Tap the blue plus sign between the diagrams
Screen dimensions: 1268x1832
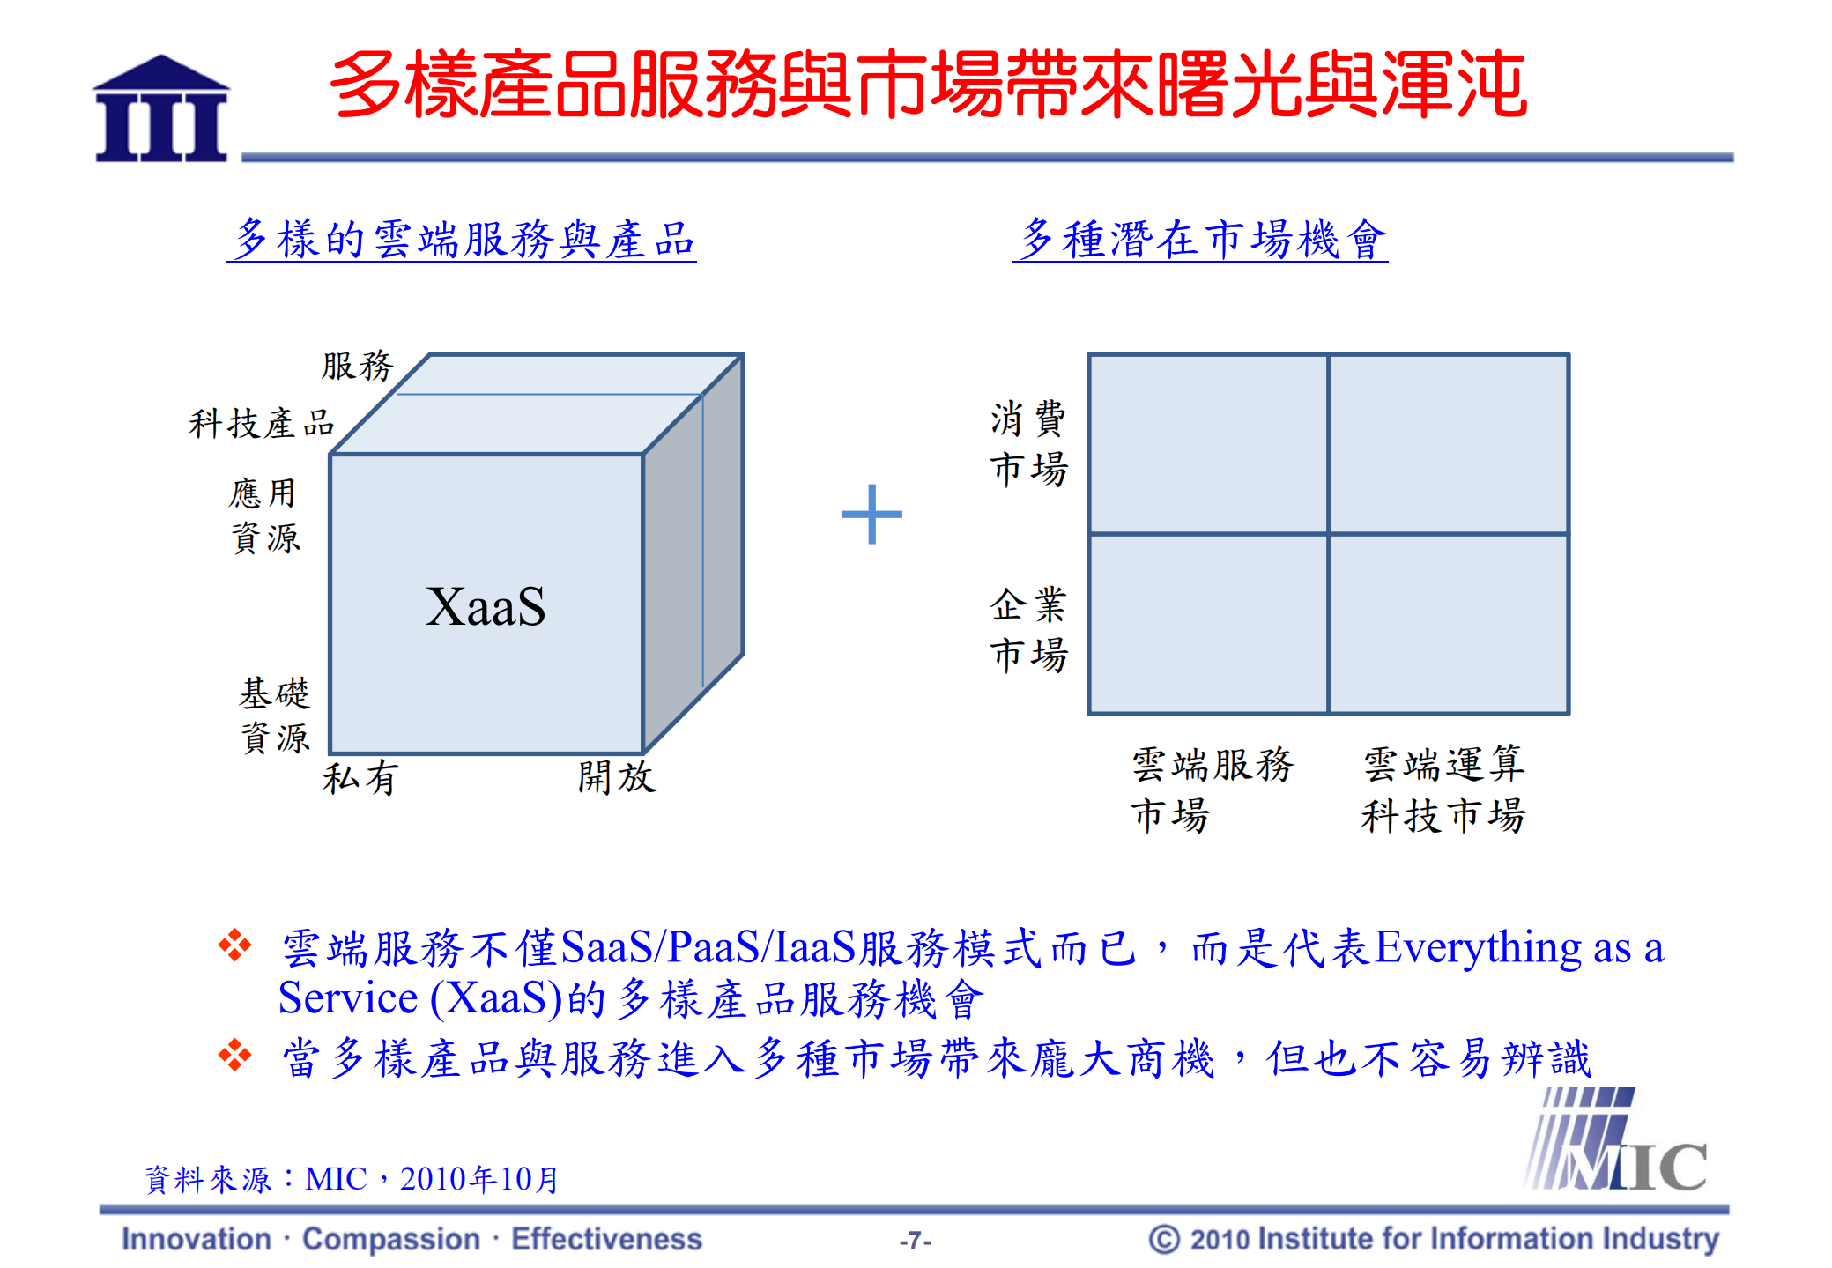pyautogui.click(x=871, y=514)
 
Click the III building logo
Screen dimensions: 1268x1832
pyautogui.click(x=161, y=109)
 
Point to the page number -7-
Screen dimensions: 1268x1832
pyautogui.click(x=915, y=1241)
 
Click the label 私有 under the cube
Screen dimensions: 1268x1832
pyautogui.click(x=360, y=778)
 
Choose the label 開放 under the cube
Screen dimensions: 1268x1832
pyautogui.click(x=617, y=776)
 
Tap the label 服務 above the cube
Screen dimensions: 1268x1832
pyautogui.click(x=357, y=366)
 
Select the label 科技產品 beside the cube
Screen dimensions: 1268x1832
pyautogui.click(x=262, y=423)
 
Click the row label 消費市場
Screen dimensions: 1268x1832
pyautogui.click(x=1028, y=443)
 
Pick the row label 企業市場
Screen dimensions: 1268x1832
pyautogui.click(x=1028, y=629)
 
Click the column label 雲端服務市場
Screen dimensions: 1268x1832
pyautogui.click(x=1212, y=790)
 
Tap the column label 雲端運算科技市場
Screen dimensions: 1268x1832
pyautogui.click(x=1443, y=790)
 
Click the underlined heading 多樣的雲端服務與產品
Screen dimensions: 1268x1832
pyautogui.click(x=462, y=240)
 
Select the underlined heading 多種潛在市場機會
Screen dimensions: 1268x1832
pyautogui.click(x=1200, y=240)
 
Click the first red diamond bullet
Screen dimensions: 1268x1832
pyautogui.click(x=234, y=945)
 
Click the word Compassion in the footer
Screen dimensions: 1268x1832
pyautogui.click(x=391, y=1239)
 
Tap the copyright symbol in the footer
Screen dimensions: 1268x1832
pyautogui.click(x=1163, y=1239)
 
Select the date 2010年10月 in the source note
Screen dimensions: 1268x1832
pyautogui.click(x=479, y=1179)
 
